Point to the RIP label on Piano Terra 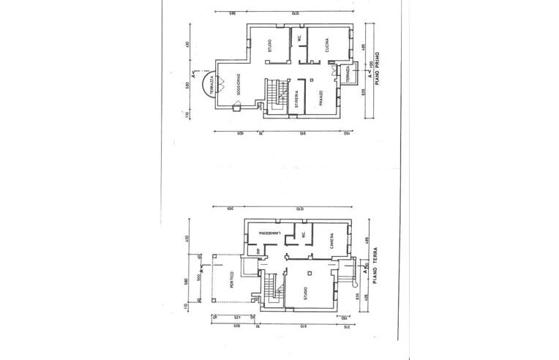point(258,250)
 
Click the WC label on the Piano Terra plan point(300,236)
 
